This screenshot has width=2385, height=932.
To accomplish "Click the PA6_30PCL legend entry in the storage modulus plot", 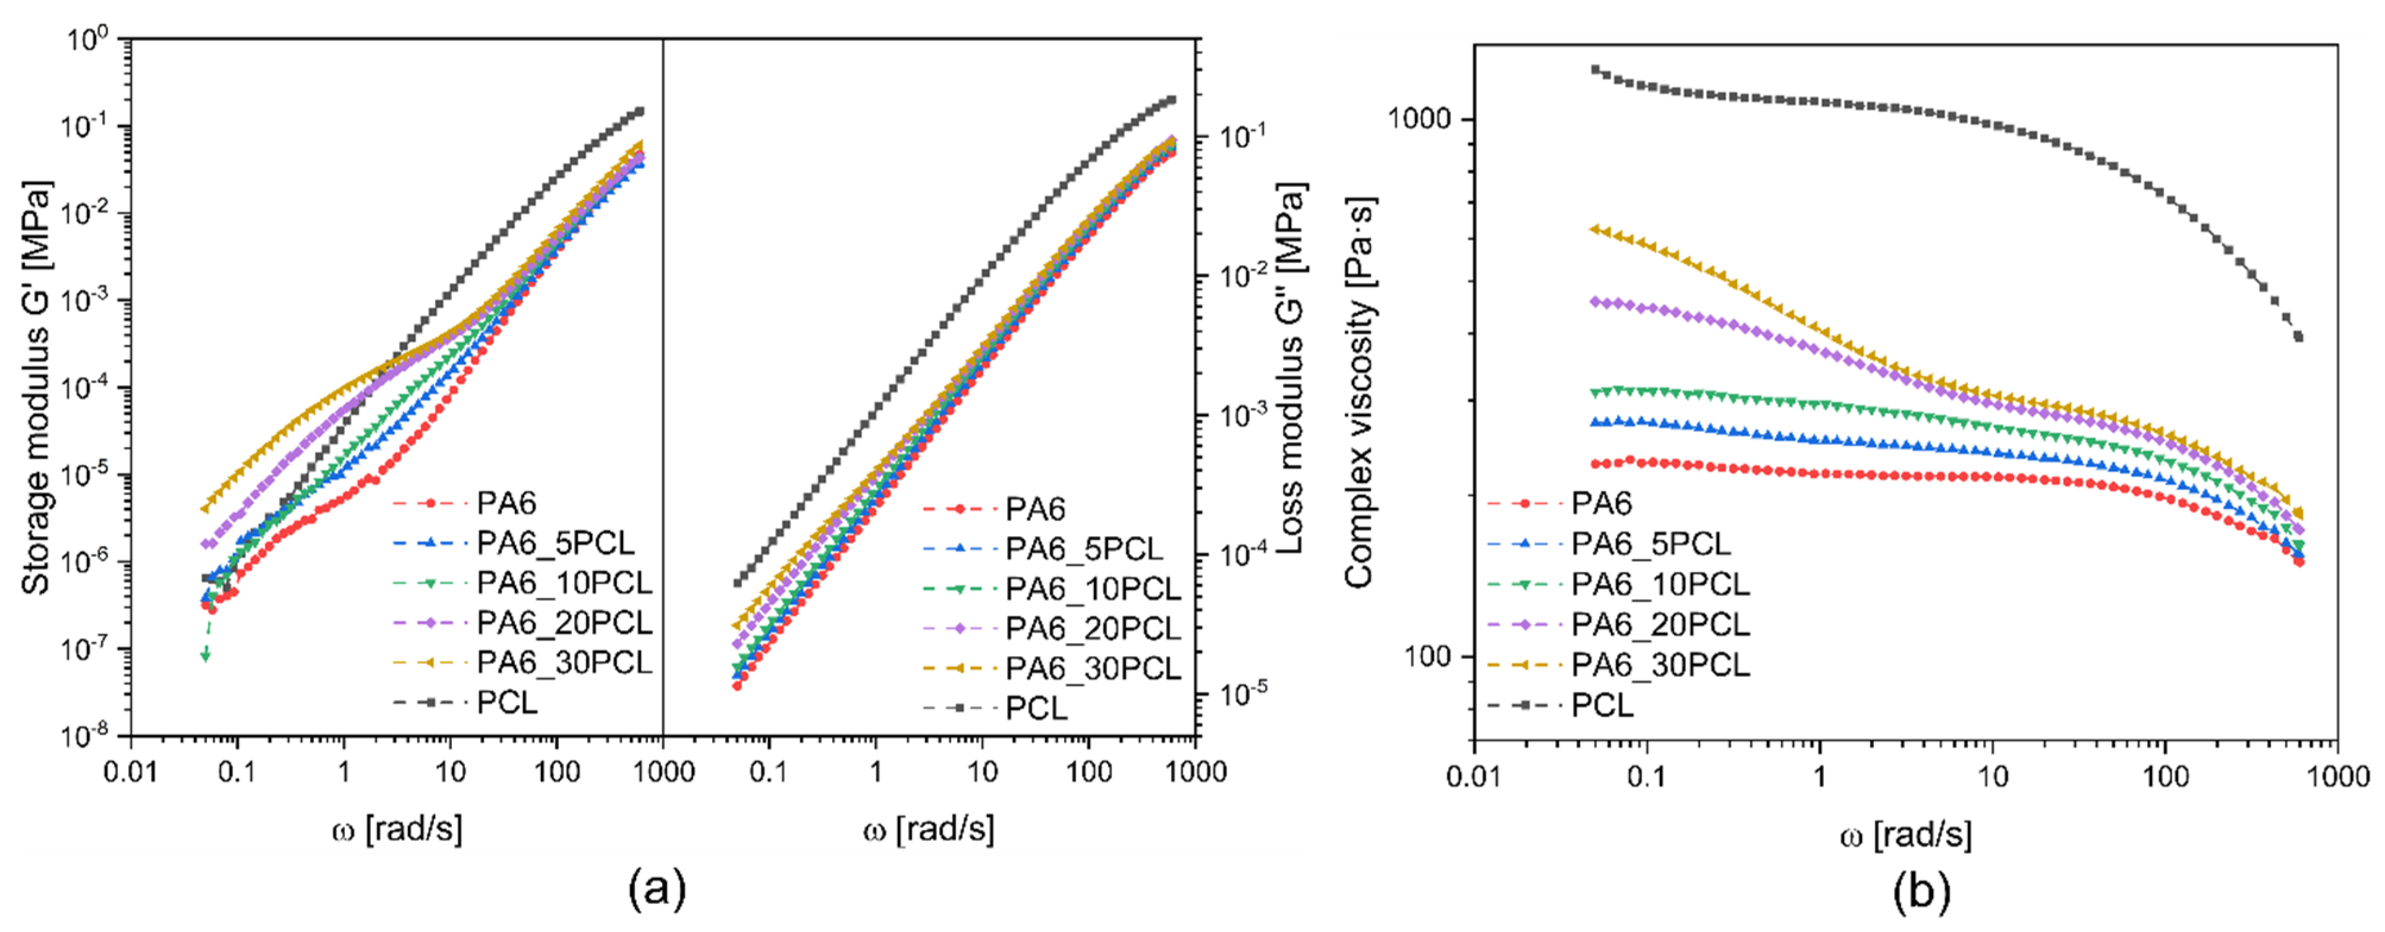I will (564, 663).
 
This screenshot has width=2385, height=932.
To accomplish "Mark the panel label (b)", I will (1921, 891).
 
